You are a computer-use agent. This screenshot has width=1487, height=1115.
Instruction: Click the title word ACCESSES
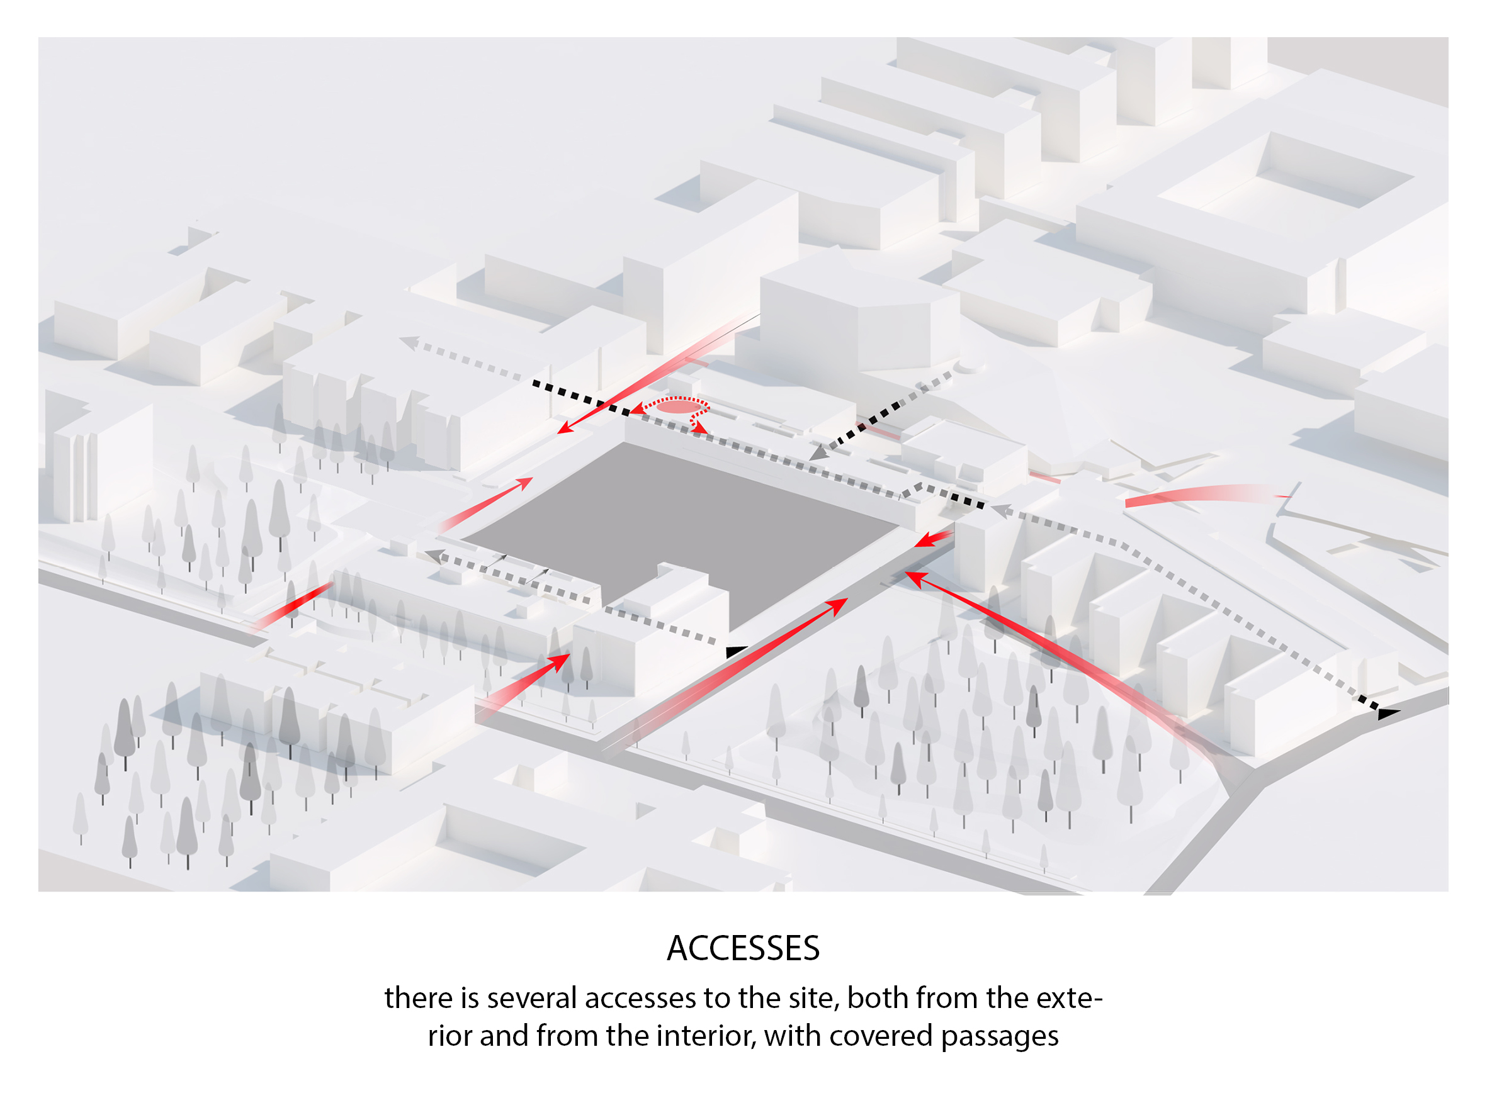(743, 948)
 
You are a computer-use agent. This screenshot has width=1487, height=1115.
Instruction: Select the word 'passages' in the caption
(1000, 1037)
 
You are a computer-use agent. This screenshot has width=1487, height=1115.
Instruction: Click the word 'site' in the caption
(813, 998)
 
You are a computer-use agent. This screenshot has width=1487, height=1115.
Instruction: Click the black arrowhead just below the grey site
(735, 651)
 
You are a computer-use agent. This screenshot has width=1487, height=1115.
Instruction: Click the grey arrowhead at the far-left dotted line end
(409, 343)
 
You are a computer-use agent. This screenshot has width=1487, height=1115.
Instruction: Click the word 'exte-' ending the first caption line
(1069, 998)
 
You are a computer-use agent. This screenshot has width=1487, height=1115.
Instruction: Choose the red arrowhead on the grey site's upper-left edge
(524, 482)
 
